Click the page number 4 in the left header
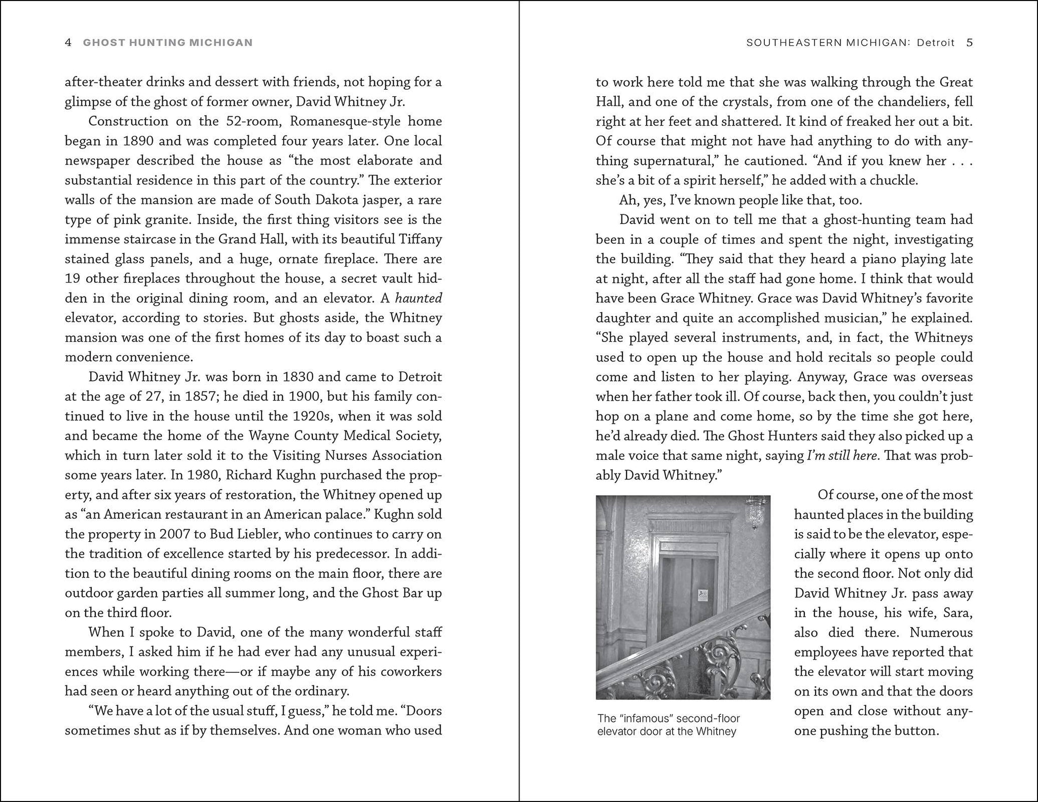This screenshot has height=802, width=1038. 68,43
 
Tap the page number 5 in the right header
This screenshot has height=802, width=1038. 970,43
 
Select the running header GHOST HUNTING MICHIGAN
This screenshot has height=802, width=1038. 168,43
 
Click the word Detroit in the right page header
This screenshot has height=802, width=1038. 936,43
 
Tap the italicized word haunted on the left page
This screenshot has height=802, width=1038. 419,298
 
